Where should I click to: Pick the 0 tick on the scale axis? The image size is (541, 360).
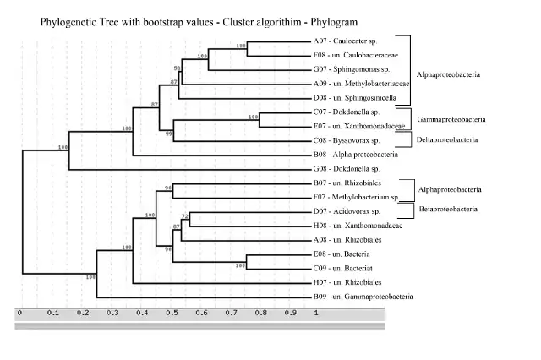pyautogui.click(x=19, y=312)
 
